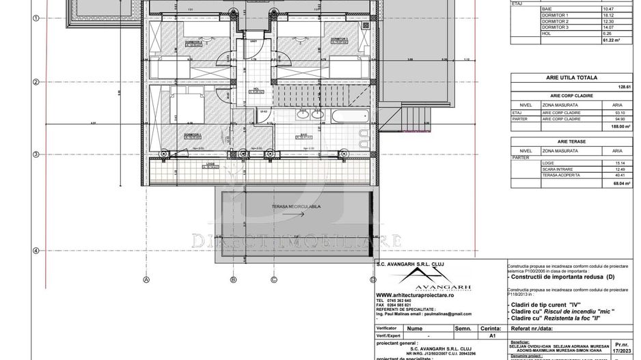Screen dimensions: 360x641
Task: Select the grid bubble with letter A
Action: coord(146,279)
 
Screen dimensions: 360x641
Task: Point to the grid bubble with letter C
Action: coord(274,279)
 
